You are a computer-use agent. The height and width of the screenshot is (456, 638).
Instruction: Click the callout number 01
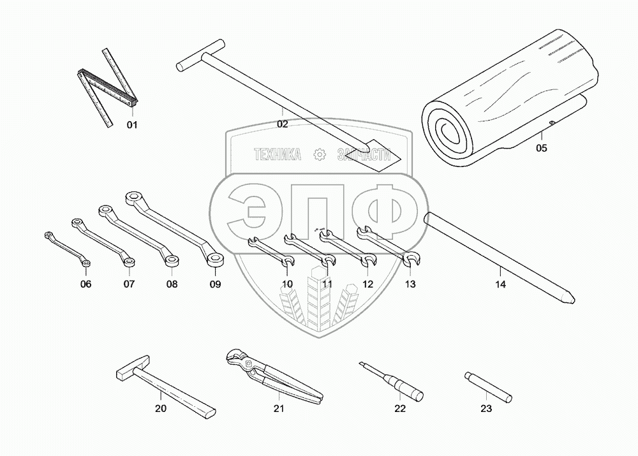131,125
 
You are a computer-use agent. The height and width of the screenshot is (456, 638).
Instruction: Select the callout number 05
541,148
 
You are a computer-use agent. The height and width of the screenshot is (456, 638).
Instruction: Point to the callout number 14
500,285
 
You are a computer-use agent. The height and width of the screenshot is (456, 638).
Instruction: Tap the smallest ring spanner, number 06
68,249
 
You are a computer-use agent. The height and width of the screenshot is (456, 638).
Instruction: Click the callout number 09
215,284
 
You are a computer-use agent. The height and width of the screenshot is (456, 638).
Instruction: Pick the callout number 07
129,284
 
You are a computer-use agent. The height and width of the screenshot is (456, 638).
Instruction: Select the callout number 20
161,409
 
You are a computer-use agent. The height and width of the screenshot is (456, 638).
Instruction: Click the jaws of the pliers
237,362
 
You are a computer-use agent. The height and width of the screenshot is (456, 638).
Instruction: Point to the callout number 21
278,409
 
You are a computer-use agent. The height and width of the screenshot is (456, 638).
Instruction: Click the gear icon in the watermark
320,154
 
